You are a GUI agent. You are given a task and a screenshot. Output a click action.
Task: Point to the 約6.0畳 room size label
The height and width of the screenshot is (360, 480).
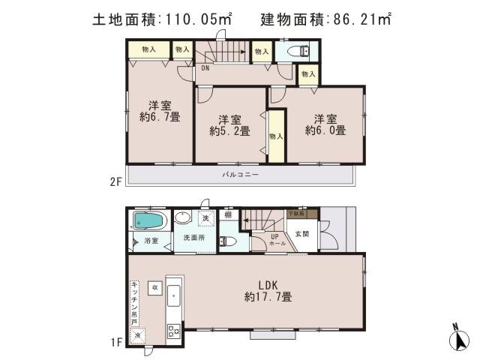[x=325, y=124]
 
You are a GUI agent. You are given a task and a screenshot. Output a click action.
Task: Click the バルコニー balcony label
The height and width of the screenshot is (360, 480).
[x=240, y=174]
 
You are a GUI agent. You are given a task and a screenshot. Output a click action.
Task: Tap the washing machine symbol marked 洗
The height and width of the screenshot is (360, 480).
[x=205, y=218]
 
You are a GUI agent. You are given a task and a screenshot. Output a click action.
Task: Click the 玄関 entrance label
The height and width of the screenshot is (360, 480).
[x=301, y=234]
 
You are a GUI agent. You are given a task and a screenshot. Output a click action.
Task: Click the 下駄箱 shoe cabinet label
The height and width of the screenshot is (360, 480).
[x=298, y=214]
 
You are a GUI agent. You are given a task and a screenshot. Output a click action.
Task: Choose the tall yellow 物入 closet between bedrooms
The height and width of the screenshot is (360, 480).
[x=276, y=136]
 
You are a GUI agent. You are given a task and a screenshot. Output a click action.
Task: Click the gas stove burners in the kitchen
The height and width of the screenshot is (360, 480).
[x=173, y=331]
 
